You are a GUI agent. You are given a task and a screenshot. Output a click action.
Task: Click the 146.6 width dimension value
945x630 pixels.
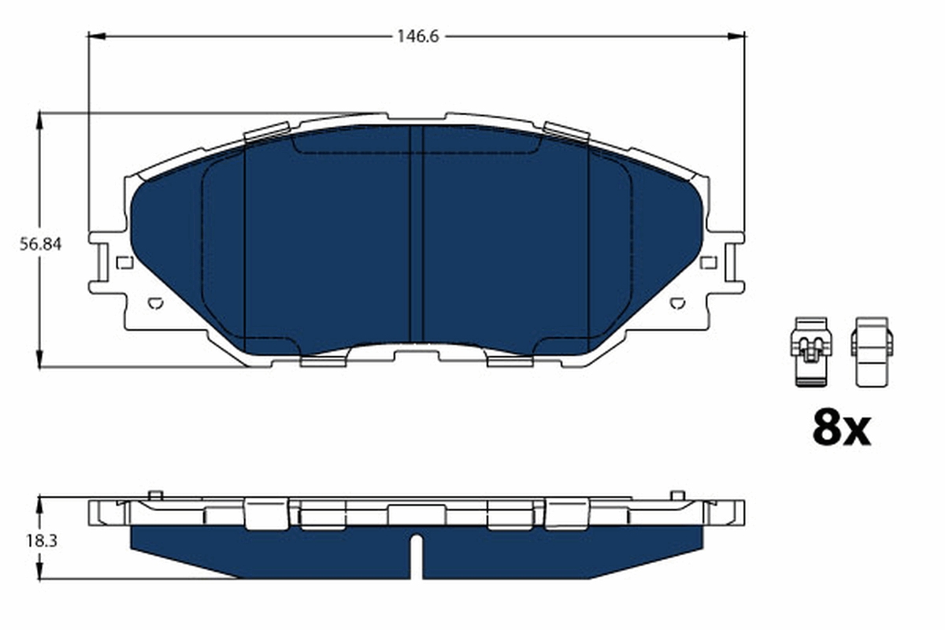click(417, 36)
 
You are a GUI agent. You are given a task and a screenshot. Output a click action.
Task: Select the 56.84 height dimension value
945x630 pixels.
click(40, 244)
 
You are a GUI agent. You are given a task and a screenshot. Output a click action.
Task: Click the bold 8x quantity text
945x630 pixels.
click(840, 428)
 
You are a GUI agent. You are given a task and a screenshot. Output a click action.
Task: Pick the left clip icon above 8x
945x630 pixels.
click(810, 351)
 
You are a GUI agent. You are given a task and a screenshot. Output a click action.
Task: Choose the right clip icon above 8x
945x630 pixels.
click(871, 351)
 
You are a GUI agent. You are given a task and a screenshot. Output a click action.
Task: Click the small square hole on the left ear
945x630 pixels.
click(124, 263)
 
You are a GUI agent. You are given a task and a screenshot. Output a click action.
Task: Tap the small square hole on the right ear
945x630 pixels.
click(708, 263)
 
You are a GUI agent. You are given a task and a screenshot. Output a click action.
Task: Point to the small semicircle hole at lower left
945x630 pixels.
click(155, 302)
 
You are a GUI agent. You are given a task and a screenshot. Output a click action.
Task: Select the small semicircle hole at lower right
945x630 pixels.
click(676, 302)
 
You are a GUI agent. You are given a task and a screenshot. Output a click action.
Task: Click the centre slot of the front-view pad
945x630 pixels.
click(417, 236)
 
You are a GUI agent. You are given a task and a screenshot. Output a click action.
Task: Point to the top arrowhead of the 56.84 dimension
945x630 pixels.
click(39, 118)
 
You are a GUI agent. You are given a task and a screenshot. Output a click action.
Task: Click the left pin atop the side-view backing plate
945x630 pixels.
click(155, 495)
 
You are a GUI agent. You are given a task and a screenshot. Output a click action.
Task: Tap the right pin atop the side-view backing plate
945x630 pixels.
click(676, 495)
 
